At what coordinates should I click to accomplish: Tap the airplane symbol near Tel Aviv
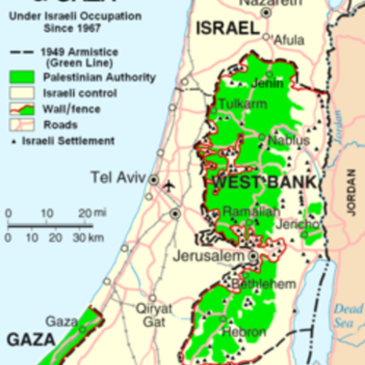coord(169,186)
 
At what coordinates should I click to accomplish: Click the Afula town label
coord(288,40)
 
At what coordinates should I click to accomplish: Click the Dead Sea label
coord(348,315)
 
